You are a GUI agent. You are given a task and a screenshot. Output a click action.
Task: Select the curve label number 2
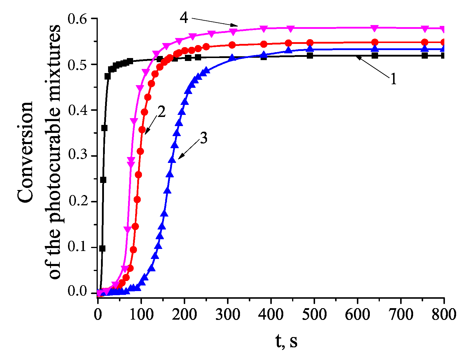[x=161, y=112]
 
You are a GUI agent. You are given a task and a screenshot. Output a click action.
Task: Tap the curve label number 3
[x=203, y=138]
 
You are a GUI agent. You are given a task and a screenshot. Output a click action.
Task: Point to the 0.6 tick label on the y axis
[x=77, y=19]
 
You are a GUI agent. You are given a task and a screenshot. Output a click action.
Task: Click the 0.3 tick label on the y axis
[x=77, y=156]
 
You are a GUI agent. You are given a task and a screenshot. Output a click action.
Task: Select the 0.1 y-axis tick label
[x=77, y=247]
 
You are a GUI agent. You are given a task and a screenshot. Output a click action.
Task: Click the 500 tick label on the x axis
[x=314, y=315]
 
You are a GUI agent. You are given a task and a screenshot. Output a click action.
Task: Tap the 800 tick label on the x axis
[x=444, y=315]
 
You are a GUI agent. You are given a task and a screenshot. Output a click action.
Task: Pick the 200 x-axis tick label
[x=184, y=315]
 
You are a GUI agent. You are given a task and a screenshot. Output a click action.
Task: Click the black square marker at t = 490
[x=310, y=55]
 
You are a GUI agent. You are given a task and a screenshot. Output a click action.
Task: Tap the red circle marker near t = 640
[x=375, y=42]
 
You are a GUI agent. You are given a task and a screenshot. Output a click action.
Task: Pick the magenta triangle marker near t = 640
[x=375, y=28]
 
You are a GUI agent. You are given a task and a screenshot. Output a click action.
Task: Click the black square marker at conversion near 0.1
[x=102, y=248]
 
